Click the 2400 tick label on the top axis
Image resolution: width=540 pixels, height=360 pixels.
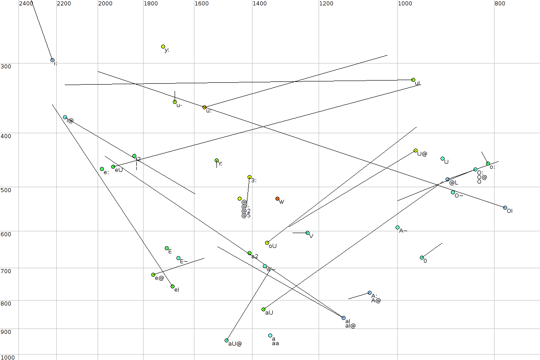(x=26, y=4)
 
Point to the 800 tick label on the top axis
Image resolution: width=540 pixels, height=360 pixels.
(x=499, y=4)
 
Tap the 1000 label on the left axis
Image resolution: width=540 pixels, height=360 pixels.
(x=8, y=357)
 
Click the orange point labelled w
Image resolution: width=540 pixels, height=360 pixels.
(x=277, y=198)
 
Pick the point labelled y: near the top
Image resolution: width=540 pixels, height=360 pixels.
(x=163, y=47)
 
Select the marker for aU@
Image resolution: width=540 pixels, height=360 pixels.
(x=226, y=340)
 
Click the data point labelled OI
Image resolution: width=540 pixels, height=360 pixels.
(x=505, y=207)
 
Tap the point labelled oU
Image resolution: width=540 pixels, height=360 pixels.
(x=267, y=243)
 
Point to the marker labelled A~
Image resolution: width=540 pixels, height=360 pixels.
(x=397, y=227)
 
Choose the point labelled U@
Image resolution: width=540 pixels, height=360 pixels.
(x=415, y=150)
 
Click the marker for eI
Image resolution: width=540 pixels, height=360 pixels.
(x=172, y=286)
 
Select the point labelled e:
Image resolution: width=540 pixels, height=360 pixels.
(x=102, y=169)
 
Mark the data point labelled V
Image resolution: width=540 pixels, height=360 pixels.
(x=307, y=233)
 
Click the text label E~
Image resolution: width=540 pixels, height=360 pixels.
(x=184, y=261)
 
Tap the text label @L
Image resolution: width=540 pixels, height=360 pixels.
(x=454, y=183)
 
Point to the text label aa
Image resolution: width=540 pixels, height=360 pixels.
(x=275, y=343)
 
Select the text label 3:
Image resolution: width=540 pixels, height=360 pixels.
(x=254, y=180)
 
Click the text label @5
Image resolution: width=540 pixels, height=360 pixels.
(x=246, y=216)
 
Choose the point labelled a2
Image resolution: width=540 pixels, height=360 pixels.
(x=249, y=253)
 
